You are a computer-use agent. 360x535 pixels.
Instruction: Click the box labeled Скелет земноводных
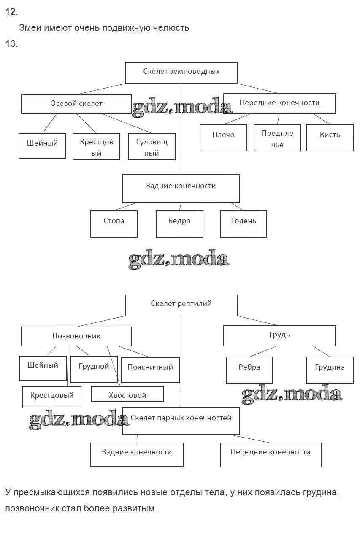click(x=181, y=72)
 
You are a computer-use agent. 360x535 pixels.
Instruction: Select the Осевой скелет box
click(x=76, y=104)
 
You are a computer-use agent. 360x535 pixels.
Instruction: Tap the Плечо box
click(x=223, y=137)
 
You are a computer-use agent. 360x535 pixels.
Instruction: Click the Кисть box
click(x=330, y=137)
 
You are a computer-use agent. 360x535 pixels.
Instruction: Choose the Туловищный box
click(x=152, y=147)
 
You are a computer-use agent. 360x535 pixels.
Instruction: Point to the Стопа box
click(x=114, y=223)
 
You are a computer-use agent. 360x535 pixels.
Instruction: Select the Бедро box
click(x=179, y=223)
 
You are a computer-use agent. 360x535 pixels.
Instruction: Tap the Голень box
click(x=244, y=223)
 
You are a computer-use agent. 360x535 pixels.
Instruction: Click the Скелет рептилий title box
click(x=181, y=305)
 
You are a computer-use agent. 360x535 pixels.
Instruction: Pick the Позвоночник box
click(x=76, y=336)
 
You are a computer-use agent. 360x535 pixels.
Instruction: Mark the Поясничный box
click(x=150, y=370)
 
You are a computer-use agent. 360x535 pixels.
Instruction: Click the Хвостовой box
click(x=127, y=394)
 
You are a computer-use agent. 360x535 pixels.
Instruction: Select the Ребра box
click(x=249, y=370)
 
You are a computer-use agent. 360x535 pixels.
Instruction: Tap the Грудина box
click(x=330, y=370)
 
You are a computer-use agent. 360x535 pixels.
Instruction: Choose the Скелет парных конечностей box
click(x=181, y=420)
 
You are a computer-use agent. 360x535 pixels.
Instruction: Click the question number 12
click(x=11, y=12)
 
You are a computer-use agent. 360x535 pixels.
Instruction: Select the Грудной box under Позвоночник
click(x=94, y=369)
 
